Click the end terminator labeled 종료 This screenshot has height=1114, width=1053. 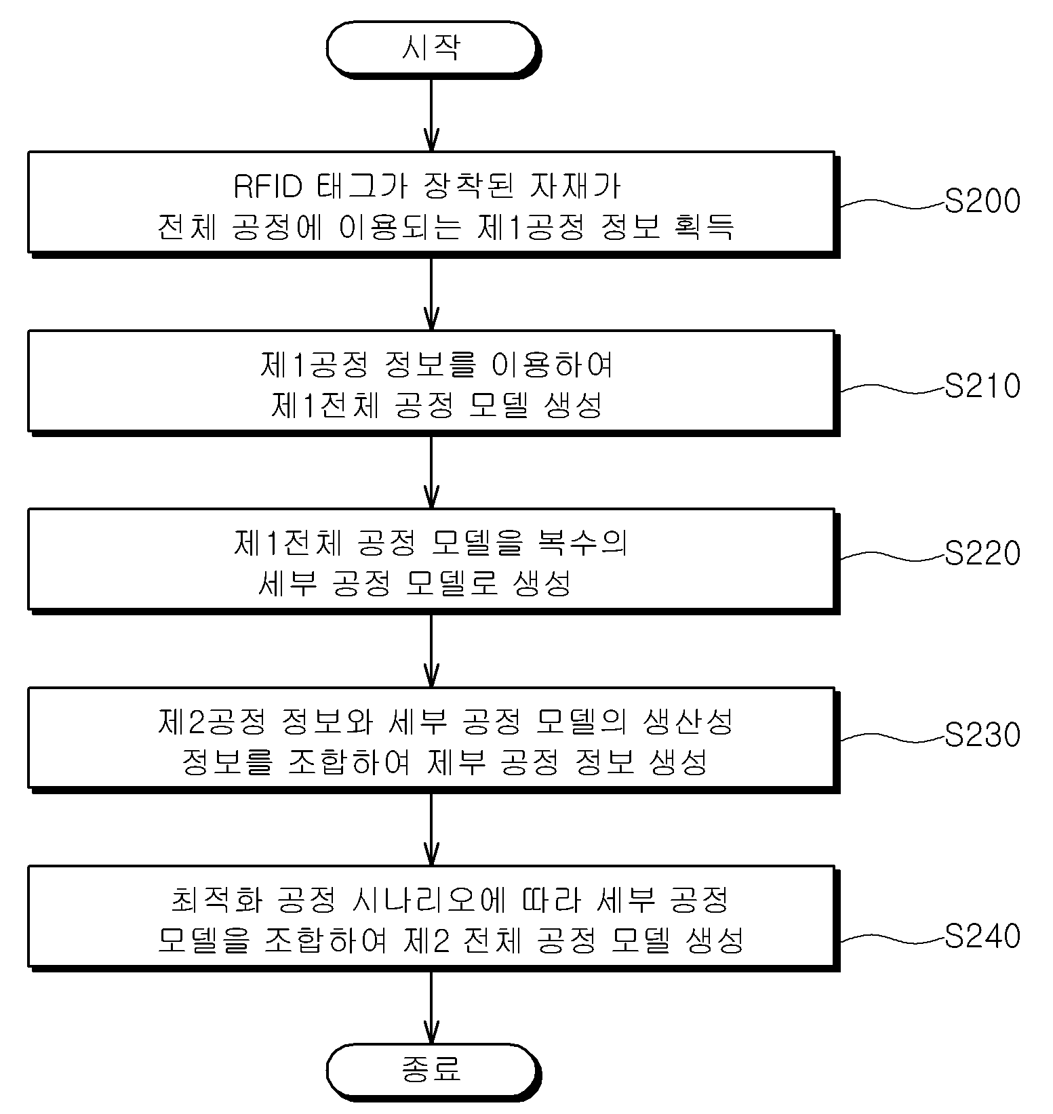pyautogui.click(x=433, y=1069)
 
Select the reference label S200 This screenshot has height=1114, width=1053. pyautogui.click(x=982, y=201)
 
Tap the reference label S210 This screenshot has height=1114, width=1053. pyautogui.click(x=982, y=386)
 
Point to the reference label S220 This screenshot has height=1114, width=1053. pyautogui.click(x=982, y=553)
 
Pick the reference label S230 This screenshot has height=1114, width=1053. pyautogui.click(x=982, y=735)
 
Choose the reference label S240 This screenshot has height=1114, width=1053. pyautogui.click(x=982, y=936)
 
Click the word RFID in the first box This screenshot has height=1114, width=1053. pyautogui.click(x=267, y=186)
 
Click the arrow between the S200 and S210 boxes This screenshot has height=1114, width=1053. pyautogui.click(x=431, y=293)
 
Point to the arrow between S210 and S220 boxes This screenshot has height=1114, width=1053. pyautogui.click(x=431, y=471)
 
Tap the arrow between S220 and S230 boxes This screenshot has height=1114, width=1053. pyautogui.click(x=431, y=650)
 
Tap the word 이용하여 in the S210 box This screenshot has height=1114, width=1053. pyautogui.click(x=552, y=365)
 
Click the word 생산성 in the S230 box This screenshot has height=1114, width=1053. pyautogui.click(x=688, y=722)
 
